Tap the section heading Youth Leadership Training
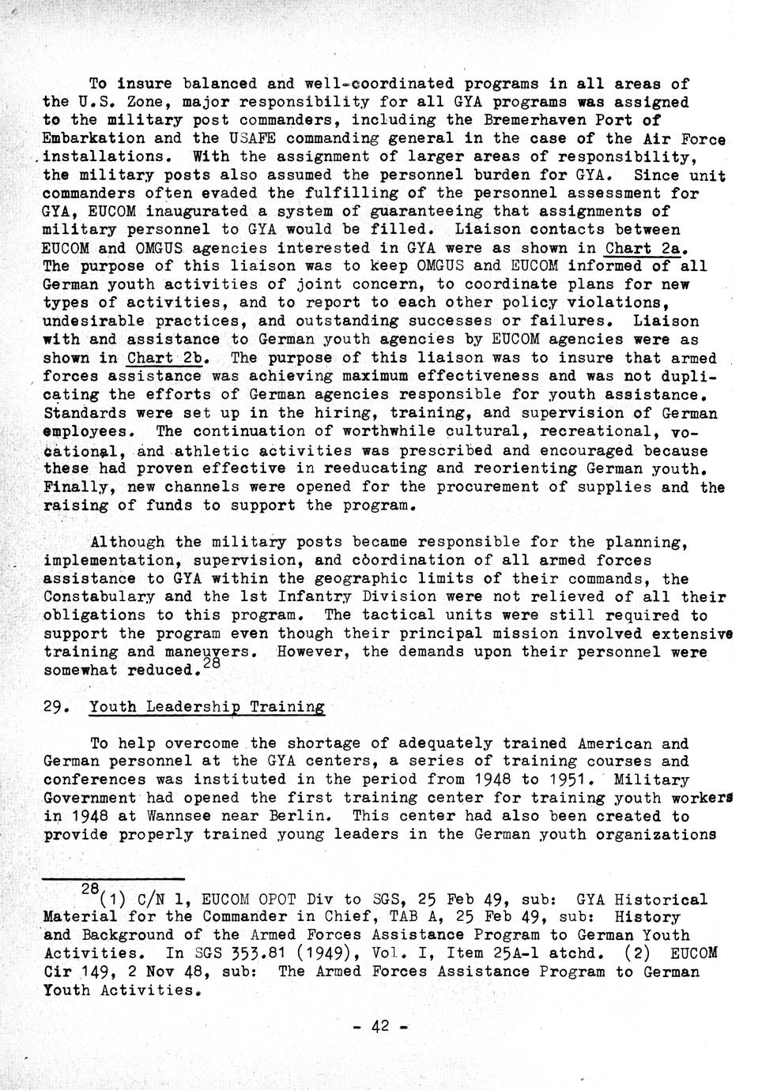pyautogui.click(x=207, y=707)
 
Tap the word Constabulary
pyautogui.click(x=99, y=596)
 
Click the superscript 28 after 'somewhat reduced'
pyautogui.click(x=211, y=665)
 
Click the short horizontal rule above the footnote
pyautogui.click(x=112, y=878)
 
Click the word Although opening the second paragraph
pyautogui.click(x=127, y=542)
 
